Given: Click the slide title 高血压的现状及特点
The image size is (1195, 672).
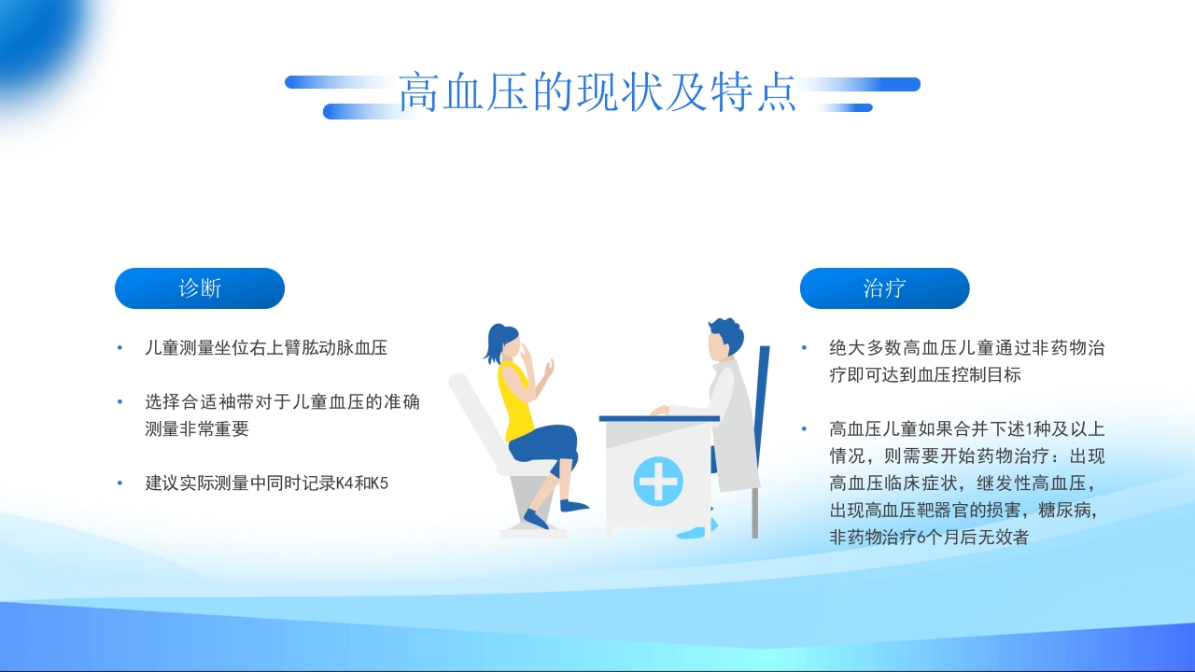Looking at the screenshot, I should (x=597, y=92).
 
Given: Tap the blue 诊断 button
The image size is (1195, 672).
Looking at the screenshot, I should (x=200, y=288).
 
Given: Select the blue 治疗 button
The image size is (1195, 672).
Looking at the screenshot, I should (x=884, y=288).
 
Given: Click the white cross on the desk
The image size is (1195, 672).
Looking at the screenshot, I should (x=658, y=481).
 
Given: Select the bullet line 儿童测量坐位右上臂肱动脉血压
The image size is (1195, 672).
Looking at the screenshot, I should (x=266, y=348).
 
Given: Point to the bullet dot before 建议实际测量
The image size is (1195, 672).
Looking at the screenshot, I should (x=119, y=483).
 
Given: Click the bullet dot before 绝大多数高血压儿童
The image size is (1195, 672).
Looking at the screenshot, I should (x=804, y=348).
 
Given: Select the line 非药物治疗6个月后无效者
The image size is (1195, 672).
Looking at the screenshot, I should (x=929, y=538).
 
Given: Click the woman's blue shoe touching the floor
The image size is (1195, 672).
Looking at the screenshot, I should (x=535, y=520).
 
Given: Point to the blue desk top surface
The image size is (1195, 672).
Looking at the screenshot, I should (x=659, y=418).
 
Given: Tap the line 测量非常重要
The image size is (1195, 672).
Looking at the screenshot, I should (x=197, y=429).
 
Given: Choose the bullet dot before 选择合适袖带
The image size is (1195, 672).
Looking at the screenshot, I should (x=119, y=402).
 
